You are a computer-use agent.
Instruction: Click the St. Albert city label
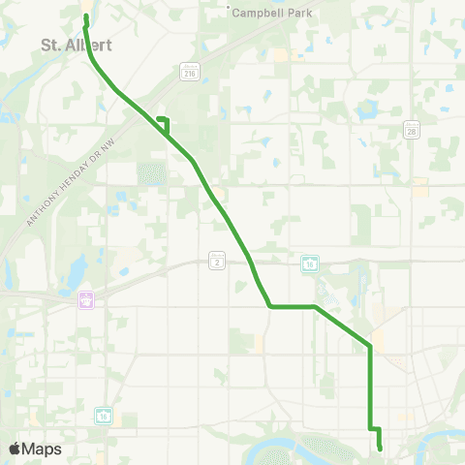click(x=77, y=45)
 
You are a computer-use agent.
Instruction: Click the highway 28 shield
click(x=411, y=130)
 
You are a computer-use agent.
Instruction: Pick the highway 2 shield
click(x=216, y=259)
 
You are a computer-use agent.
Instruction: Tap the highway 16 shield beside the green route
click(x=310, y=263)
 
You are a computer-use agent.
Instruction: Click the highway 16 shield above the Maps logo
click(x=104, y=415)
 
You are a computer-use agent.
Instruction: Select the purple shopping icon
click(x=86, y=299)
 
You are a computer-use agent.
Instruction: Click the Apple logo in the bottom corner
click(x=15, y=449)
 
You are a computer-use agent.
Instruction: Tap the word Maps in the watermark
click(x=42, y=449)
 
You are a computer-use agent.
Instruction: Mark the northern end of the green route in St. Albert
click(x=86, y=17)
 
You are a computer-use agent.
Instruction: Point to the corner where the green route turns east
click(x=269, y=307)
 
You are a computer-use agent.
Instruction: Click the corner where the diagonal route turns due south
click(x=370, y=346)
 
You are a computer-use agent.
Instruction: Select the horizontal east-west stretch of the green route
click(x=292, y=307)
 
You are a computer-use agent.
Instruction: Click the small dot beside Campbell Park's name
click(x=229, y=11)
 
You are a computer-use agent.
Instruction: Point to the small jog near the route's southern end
click(x=375, y=428)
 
